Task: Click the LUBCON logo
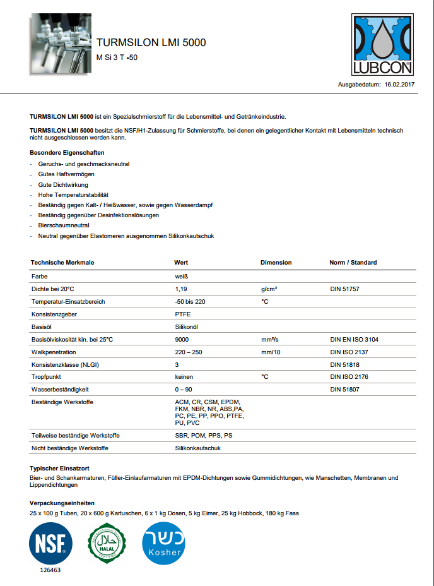(382, 45)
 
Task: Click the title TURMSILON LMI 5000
(151, 43)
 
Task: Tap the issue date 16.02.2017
(399, 84)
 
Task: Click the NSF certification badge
(50, 544)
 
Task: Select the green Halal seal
(107, 544)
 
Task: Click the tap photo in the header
(61, 44)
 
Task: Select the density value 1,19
(181, 289)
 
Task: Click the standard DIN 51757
(345, 289)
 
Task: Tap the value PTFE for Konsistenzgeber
(182, 314)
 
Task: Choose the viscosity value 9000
(182, 339)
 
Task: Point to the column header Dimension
(276, 263)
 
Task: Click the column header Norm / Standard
(353, 263)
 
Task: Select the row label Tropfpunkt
(46, 377)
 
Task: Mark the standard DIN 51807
(345, 390)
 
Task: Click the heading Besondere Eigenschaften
(67, 153)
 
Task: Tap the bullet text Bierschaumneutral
(63, 225)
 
